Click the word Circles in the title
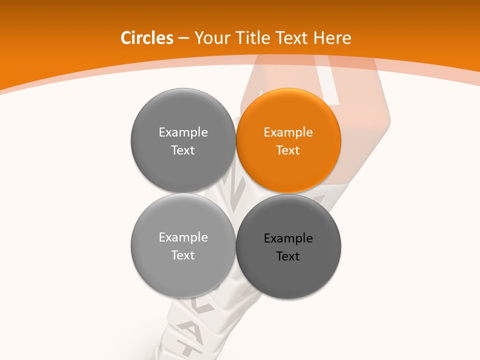tap(146, 38)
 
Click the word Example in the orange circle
tap(288, 132)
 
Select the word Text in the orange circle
tap(288, 150)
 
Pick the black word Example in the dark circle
tap(288, 238)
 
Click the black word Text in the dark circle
tap(288, 256)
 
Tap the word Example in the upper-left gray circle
tap(183, 132)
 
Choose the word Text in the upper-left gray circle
tap(183, 150)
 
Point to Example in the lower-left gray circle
tap(183, 237)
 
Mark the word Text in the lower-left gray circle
tap(183, 255)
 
